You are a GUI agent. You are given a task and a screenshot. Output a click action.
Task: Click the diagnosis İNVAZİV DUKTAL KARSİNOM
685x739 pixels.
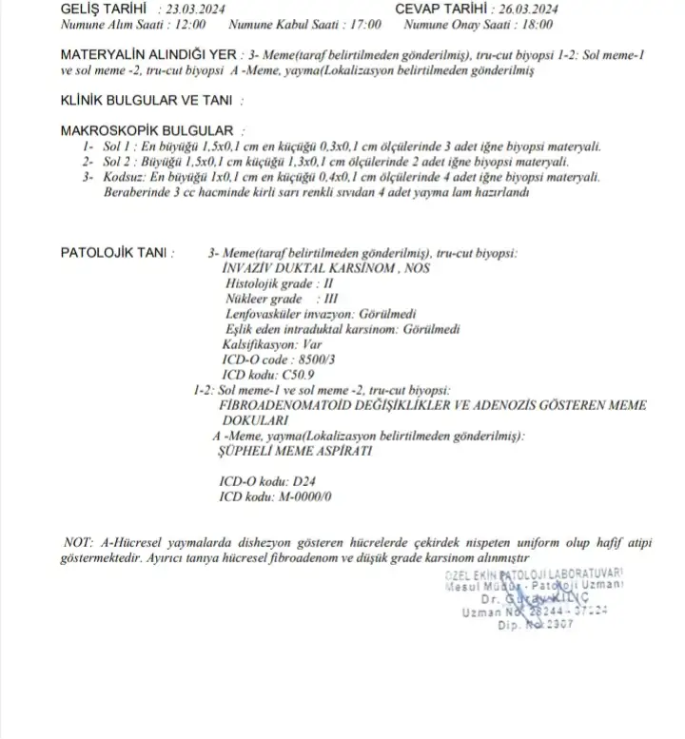[x=296, y=269]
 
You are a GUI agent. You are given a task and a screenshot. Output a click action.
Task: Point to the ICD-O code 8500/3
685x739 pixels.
[x=312, y=361]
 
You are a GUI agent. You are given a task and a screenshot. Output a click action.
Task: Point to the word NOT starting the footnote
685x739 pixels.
[x=77, y=542]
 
